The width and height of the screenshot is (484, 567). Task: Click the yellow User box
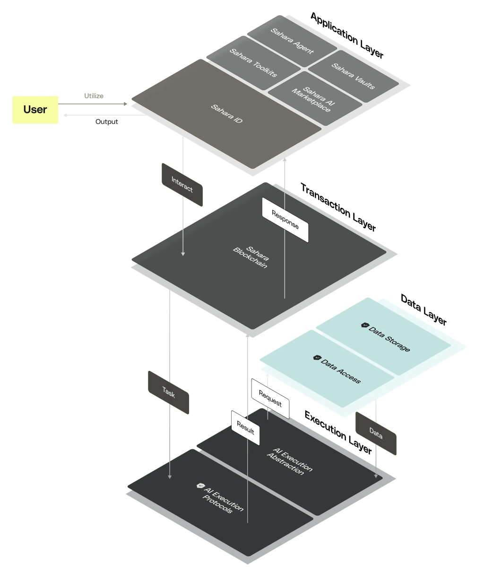pyautogui.click(x=35, y=110)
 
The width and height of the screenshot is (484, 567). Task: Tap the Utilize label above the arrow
pyautogui.click(x=94, y=96)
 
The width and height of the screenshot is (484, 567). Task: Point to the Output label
pyautogui.click(x=106, y=121)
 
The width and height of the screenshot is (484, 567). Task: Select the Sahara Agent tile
pyautogui.click(x=292, y=41)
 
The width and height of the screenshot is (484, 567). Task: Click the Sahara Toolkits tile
pyautogui.click(x=253, y=63)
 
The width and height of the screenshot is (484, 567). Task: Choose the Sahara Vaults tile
pyautogui.click(x=354, y=76)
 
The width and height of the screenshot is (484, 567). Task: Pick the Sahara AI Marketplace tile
pyautogui.click(x=315, y=99)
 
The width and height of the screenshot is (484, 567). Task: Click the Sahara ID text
pyautogui.click(x=226, y=114)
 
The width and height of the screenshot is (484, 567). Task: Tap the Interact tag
pyautogui.click(x=182, y=185)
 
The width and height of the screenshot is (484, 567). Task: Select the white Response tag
pyautogui.click(x=285, y=220)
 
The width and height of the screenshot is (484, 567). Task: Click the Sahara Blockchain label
pyautogui.click(x=251, y=258)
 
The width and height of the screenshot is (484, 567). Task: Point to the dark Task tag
pyautogui.click(x=168, y=392)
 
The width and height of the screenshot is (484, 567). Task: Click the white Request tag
pyautogui.click(x=270, y=399)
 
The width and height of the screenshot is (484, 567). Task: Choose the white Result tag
pyautogui.click(x=245, y=428)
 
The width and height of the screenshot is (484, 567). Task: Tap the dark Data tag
pyautogui.click(x=376, y=433)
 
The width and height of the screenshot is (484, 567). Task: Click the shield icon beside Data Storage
pyautogui.click(x=364, y=326)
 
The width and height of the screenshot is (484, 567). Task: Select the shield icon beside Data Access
pyautogui.click(x=317, y=358)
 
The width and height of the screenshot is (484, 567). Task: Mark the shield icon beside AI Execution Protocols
pyautogui.click(x=200, y=486)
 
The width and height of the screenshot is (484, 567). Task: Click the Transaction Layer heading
pyautogui.click(x=338, y=207)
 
